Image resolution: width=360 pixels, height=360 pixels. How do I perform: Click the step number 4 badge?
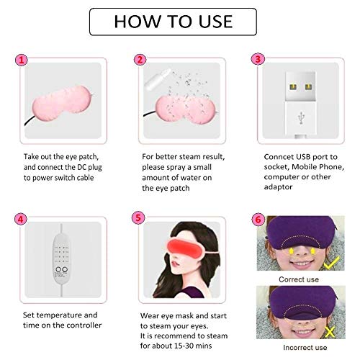tap(23, 219)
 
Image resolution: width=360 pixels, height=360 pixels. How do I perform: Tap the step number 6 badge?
tap(258, 219)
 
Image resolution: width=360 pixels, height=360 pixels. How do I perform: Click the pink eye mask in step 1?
tap(62, 102)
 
